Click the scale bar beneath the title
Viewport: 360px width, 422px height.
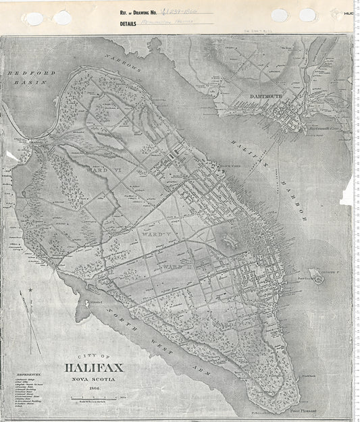(x=93, y=400)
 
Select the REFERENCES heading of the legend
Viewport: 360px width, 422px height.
(x=26, y=373)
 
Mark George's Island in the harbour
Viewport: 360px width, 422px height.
(x=315, y=275)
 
